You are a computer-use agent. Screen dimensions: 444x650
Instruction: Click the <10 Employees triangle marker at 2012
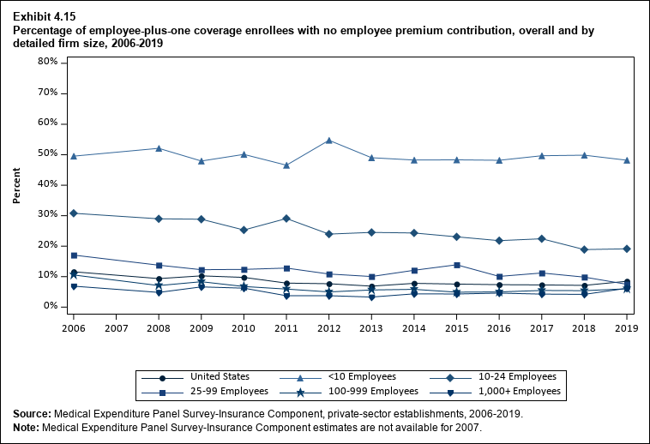pyautogui.click(x=330, y=140)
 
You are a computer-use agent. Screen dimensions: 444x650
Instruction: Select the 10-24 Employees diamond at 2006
pyautogui.click(x=75, y=213)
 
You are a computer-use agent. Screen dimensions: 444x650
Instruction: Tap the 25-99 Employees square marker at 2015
pyautogui.click(x=457, y=265)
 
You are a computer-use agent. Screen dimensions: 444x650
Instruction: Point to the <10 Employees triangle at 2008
pyautogui.click(x=159, y=148)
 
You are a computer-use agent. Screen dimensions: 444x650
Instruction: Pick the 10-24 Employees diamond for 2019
pyautogui.click(x=627, y=249)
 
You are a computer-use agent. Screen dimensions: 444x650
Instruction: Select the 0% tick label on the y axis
pyautogui.click(x=50, y=306)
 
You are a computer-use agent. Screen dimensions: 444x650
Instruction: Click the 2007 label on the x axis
pyautogui.click(x=117, y=327)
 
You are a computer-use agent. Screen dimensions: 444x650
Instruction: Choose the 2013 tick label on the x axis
pyautogui.click(x=372, y=327)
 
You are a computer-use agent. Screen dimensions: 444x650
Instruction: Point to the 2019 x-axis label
pyautogui.click(x=627, y=327)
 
